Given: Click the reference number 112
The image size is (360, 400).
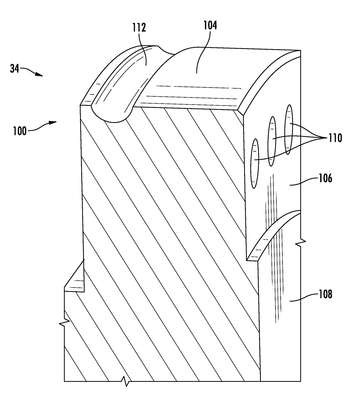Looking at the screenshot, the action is tap(139, 27).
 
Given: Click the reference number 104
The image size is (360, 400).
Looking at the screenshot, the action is tap(210, 25).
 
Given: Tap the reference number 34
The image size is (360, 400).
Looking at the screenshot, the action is tap(14, 69).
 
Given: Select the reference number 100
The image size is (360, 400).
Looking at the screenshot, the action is tap(20, 131).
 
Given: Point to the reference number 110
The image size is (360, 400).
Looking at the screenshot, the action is tap(335, 138).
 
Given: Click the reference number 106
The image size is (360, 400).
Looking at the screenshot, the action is tap(325, 178).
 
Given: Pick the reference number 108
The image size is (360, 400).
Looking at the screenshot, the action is tap(325, 294).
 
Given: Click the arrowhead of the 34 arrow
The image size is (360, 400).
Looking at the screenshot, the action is tap(39, 75).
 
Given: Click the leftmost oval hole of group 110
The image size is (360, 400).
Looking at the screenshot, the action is tap(255, 163).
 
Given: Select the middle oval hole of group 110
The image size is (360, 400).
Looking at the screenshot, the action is tap(272, 141).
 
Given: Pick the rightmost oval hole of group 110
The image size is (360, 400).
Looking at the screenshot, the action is tap(289, 129).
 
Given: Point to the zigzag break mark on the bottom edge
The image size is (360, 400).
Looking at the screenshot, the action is tap(126, 382).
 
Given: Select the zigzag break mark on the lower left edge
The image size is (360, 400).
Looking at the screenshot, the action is tap(64, 321).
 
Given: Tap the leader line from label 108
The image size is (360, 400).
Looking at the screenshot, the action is tap(303, 298).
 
